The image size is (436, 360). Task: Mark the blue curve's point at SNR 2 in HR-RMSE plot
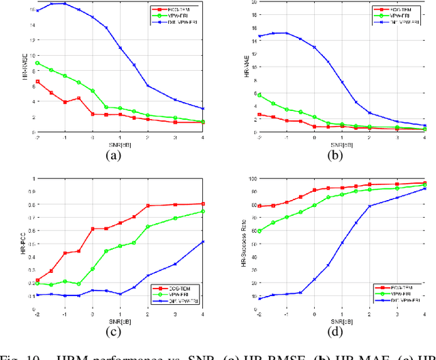(149, 86)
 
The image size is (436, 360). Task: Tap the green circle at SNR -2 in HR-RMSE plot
(37, 63)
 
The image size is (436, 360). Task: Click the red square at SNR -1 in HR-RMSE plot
(65, 102)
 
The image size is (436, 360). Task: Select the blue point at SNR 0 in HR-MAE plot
(314, 47)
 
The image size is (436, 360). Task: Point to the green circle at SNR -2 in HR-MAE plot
(259, 95)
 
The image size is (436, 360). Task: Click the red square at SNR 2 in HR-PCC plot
(149, 206)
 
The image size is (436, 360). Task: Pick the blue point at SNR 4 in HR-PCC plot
(204, 242)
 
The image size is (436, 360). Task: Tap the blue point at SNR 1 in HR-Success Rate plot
(342, 242)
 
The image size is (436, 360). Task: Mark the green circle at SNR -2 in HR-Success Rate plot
(259, 231)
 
